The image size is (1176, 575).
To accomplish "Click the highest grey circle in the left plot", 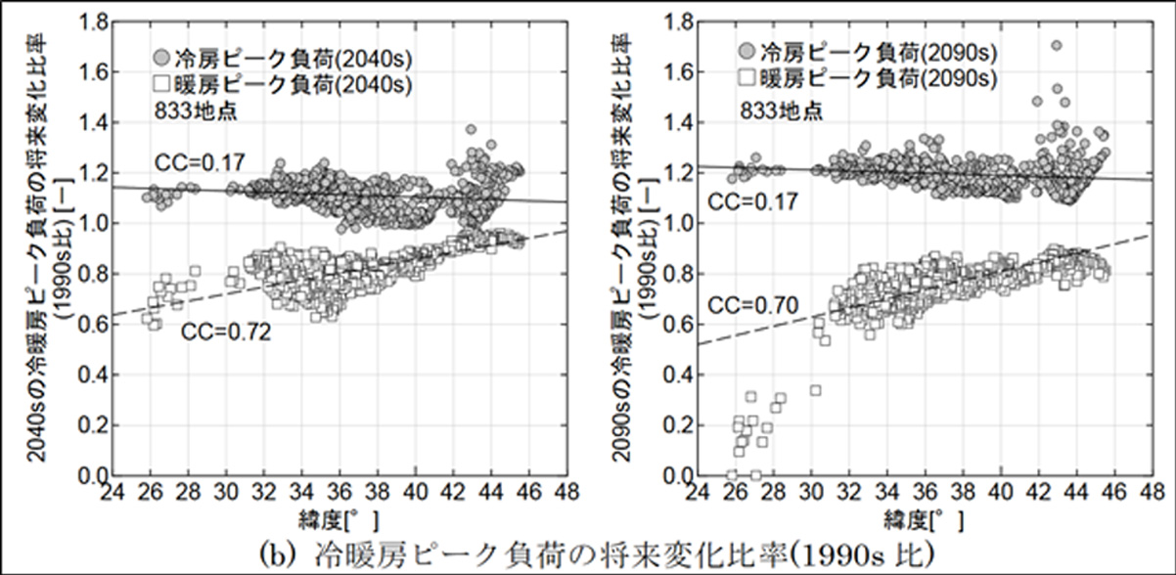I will [471, 129].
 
